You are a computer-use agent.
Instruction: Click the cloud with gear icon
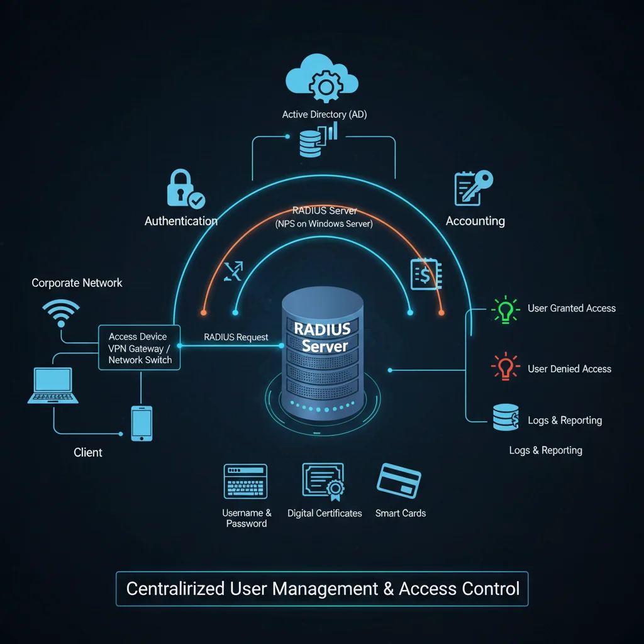321,80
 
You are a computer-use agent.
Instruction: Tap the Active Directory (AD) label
323,114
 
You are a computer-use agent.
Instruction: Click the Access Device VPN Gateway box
140,348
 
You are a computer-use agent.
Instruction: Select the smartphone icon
142,423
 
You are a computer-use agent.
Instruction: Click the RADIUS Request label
236,337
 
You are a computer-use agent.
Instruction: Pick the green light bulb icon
505,309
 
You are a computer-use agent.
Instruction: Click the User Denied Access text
569,369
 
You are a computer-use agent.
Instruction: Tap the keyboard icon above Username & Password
245,482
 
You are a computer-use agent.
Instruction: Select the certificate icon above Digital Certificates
324,482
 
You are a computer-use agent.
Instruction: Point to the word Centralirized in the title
175,589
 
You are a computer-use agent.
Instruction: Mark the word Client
88,452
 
